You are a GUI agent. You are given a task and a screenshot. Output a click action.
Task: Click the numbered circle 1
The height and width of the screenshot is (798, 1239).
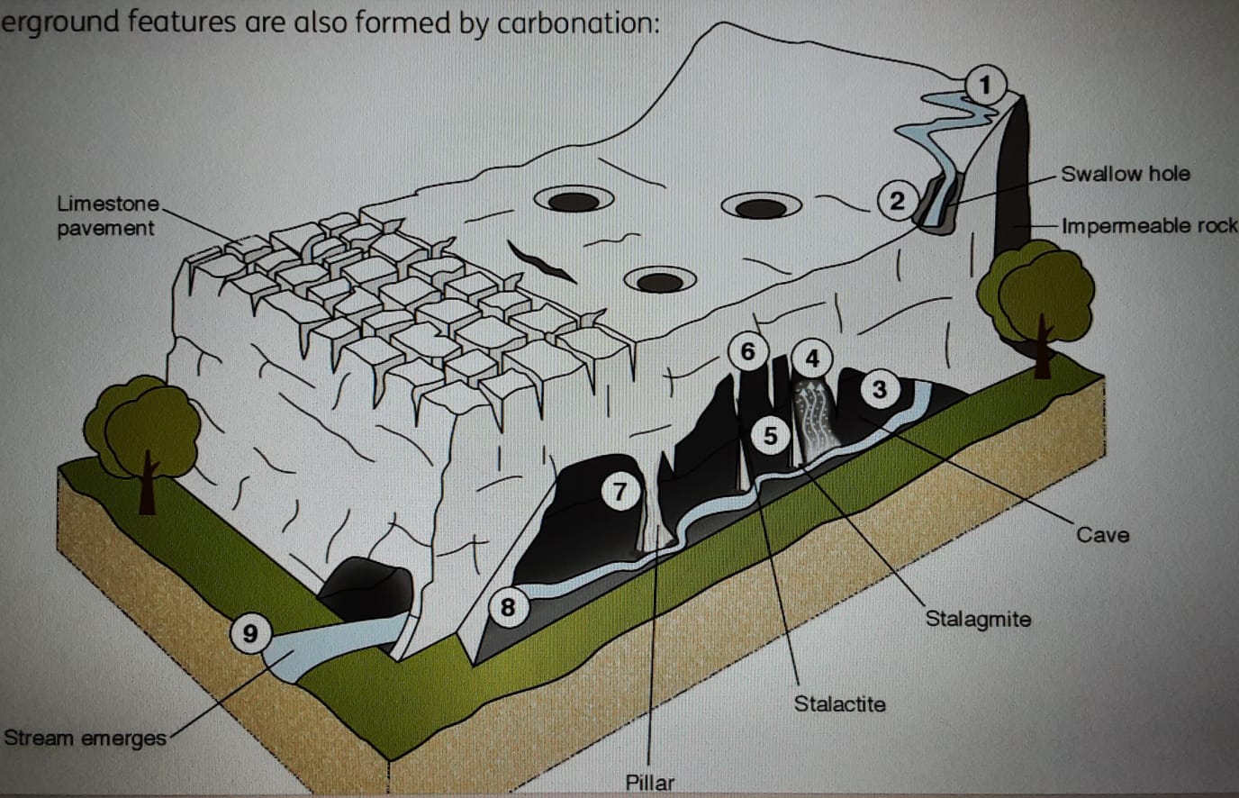[985, 86]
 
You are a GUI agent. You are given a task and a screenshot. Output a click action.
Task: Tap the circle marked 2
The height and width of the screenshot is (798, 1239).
[896, 200]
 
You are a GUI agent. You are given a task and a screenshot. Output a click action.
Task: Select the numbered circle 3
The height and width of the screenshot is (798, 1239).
[879, 389]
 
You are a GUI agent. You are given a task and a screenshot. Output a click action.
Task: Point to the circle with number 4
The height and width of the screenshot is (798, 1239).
[812, 358]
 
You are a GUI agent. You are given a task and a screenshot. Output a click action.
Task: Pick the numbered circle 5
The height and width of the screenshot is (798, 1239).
[770, 436]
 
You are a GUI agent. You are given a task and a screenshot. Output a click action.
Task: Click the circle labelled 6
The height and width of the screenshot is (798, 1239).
[747, 350]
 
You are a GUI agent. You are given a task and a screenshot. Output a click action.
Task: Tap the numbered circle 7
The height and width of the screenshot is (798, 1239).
[619, 492]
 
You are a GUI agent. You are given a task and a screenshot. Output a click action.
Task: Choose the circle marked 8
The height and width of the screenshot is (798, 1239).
[508, 607]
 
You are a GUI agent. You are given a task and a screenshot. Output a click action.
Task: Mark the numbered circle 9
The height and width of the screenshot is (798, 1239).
[250, 633]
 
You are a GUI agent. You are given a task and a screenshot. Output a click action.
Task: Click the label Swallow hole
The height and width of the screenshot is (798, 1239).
[1125, 174]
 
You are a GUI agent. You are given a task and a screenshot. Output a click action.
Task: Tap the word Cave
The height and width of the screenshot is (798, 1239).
[1102, 535]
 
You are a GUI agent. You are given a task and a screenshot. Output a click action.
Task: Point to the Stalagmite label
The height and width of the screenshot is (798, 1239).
[978, 619]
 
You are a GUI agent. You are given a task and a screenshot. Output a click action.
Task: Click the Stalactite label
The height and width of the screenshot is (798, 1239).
[839, 703]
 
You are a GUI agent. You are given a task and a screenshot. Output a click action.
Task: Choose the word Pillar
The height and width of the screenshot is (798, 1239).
[649, 782]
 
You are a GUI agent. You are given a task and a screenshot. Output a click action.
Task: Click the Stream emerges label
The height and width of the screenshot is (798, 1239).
[85, 739]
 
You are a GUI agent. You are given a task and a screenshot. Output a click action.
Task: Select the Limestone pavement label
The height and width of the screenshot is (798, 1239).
[106, 216]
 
